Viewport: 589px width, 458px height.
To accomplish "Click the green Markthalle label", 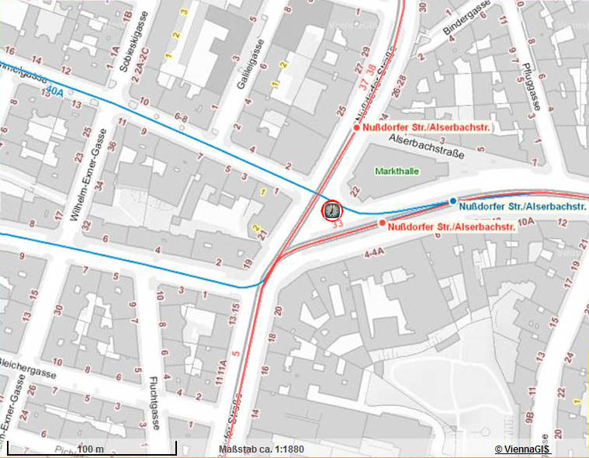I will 395,170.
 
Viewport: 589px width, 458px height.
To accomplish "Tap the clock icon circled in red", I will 331,210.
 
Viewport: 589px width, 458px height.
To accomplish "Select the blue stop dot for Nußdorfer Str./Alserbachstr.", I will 453,201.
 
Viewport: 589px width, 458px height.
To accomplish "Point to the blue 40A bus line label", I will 54,92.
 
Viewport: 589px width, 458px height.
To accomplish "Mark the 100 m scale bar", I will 92,449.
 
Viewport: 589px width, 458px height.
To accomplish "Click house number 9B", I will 530,419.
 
